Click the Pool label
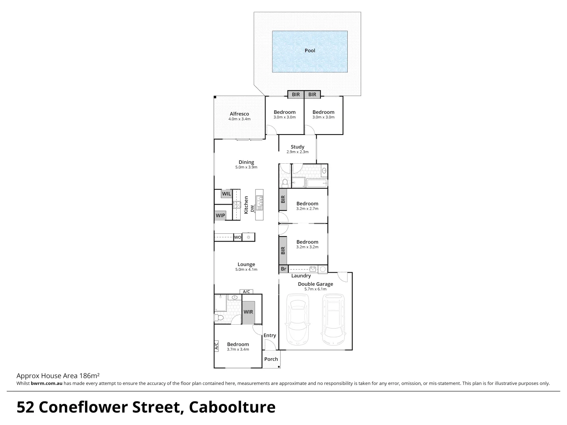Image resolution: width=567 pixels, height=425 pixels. [310, 50]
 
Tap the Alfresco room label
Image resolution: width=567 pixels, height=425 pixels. [239, 114]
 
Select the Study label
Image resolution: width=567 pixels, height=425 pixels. [297, 147]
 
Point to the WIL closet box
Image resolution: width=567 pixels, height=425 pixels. [226, 194]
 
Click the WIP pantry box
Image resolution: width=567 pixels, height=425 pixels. [220, 215]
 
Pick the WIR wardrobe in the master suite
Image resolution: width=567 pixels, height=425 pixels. [248, 312]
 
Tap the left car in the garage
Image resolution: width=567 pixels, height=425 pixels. [298, 318]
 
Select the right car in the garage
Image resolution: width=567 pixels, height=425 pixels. [334, 318]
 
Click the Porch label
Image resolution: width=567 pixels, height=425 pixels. [271, 359]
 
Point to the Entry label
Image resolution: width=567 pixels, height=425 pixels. [270, 335]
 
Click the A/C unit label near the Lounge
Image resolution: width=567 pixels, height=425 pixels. [246, 292]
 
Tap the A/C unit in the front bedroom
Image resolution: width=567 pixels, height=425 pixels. [216, 346]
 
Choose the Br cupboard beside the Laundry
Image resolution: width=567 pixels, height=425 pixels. [283, 269]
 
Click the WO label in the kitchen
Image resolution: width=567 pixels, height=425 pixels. [237, 237]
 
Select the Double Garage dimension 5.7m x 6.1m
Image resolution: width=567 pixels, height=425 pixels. [315, 289]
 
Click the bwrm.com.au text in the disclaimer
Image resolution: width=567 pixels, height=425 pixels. [46, 383]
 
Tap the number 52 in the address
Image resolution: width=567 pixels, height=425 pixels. [26, 407]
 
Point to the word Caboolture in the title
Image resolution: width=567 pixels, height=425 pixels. [232, 407]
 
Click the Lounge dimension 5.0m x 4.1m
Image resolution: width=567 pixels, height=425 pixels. [246, 270]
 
